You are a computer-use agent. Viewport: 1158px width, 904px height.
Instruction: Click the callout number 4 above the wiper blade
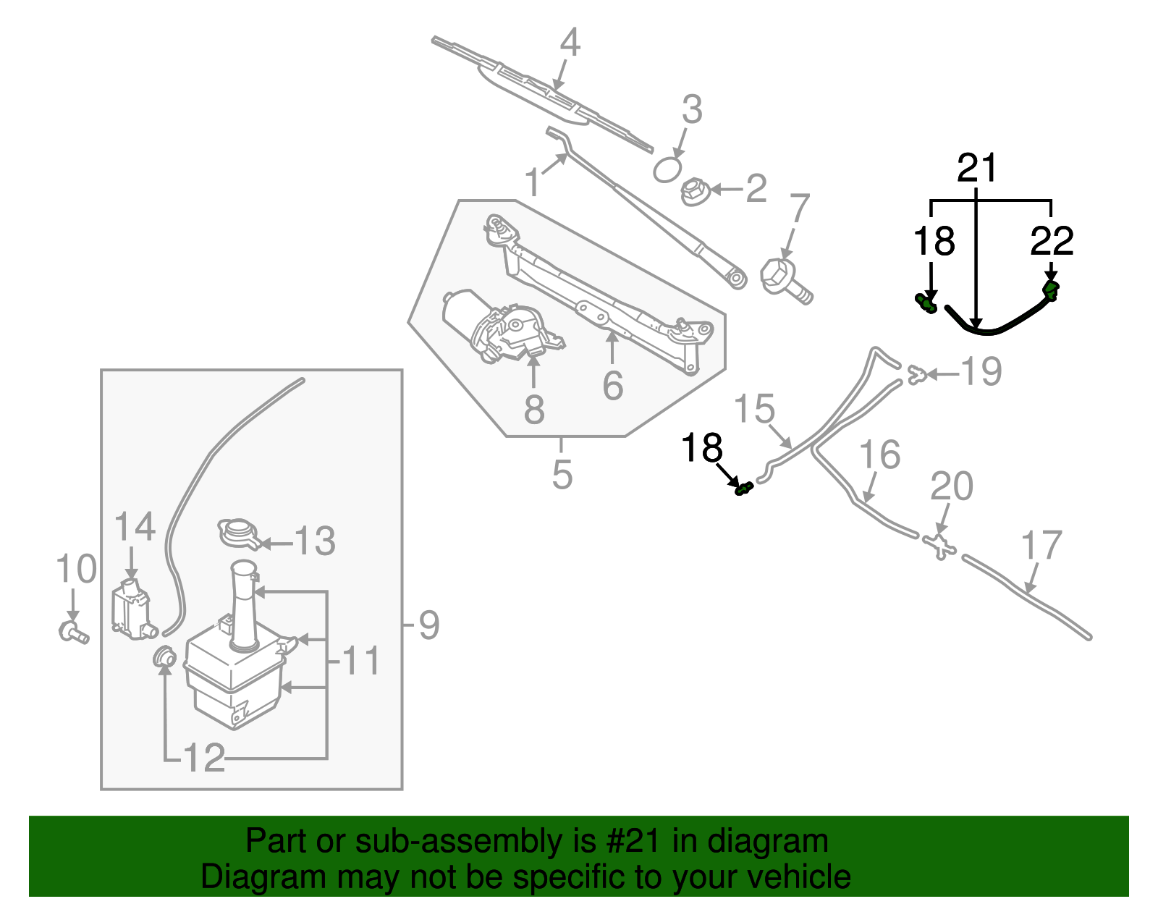coord(570,43)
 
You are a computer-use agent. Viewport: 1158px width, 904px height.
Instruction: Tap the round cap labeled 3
coord(667,170)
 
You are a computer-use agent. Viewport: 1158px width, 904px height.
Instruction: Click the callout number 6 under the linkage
coord(612,386)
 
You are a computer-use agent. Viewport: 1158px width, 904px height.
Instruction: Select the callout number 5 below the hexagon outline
coord(562,475)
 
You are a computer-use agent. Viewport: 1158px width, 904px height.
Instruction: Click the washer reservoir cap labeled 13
coord(237,533)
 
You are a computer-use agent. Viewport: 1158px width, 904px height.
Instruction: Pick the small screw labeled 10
coord(72,632)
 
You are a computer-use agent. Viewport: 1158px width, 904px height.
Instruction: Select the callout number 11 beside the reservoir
coord(360,661)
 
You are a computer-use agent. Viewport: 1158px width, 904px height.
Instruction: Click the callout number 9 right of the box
coord(428,625)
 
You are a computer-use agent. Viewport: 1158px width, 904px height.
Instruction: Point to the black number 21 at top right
coord(976,168)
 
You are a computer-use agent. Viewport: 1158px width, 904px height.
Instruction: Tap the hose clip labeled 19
coord(917,374)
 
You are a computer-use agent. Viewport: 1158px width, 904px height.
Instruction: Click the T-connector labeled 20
coord(939,546)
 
